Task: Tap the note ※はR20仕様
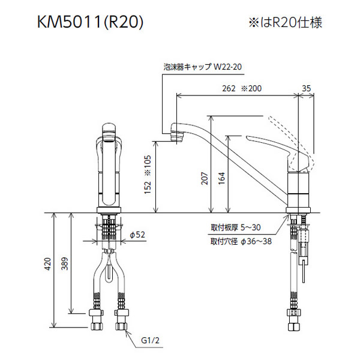(x=286, y=23)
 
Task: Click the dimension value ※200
(x=252, y=88)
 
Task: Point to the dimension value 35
(x=306, y=88)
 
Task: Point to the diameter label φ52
(x=139, y=235)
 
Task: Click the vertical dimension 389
(x=65, y=262)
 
